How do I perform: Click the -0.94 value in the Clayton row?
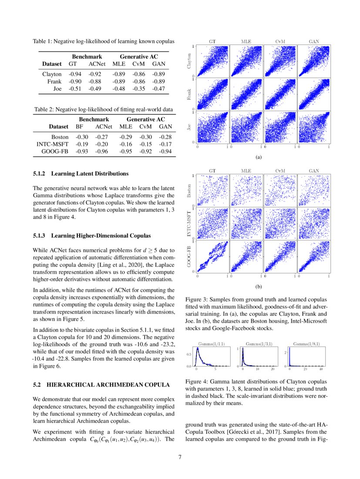pyautogui.click(x=75, y=74)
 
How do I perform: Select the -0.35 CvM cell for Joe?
pyautogui.click(x=139, y=89)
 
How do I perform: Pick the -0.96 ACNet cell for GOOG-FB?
pyautogui.click(x=104, y=151)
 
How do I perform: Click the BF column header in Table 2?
pyautogui.click(x=79, y=127)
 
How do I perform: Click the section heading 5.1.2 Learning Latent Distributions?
pyautogui.click(x=81, y=174)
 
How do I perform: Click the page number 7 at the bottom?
pyautogui.click(x=180, y=457)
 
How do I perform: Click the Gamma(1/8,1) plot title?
pyautogui.click(x=306, y=344)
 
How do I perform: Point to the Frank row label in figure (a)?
pyautogui.click(x=189, y=94)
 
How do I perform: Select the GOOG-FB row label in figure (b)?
pyautogui.click(x=189, y=257)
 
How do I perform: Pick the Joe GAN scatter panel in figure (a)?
pyautogui.click(x=313, y=127)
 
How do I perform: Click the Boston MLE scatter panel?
pyautogui.click(x=246, y=190)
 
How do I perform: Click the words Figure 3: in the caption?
pyautogui.click(x=197, y=300)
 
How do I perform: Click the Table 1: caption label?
pyautogui.click(x=44, y=42)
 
